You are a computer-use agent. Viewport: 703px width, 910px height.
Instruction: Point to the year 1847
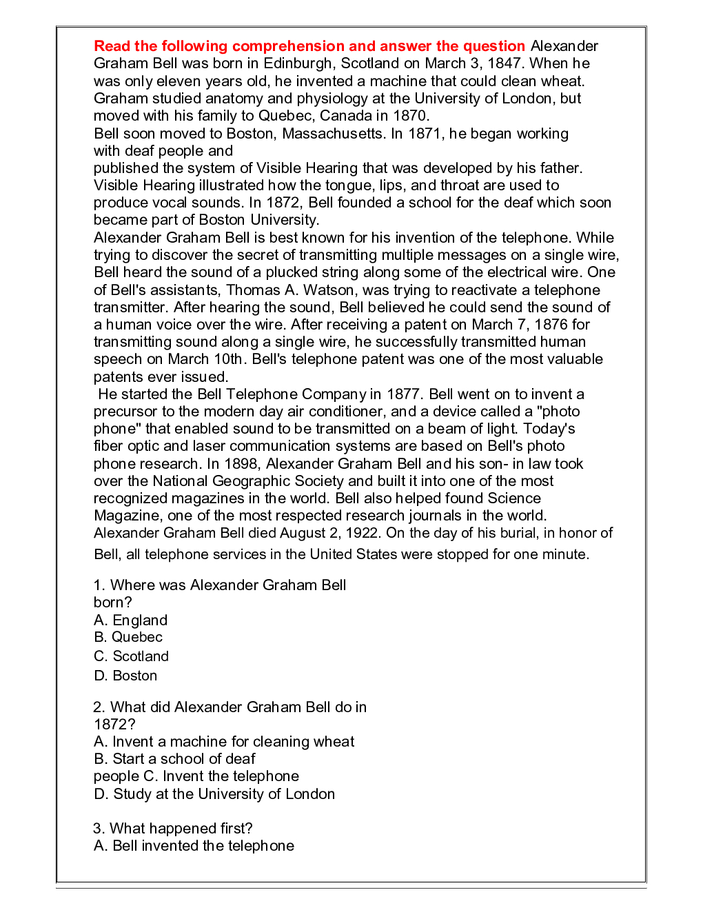click(x=504, y=63)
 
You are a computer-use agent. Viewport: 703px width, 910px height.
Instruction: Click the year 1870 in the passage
click(x=410, y=116)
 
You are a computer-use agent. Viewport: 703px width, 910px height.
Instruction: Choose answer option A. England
click(x=131, y=620)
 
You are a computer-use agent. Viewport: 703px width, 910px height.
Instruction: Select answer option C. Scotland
click(x=132, y=656)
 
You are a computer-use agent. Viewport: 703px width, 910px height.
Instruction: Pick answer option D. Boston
click(x=125, y=676)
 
